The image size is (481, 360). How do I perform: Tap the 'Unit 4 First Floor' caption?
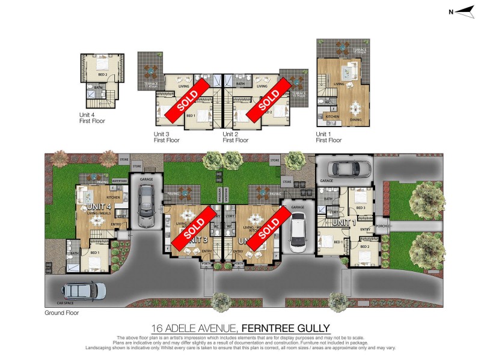[x=93, y=118]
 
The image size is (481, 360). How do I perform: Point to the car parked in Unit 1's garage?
[x=345, y=169]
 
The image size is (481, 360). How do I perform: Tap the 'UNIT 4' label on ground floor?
[x=91, y=207]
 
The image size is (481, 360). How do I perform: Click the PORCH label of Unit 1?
[x=381, y=226]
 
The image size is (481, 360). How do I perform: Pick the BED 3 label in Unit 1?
[x=361, y=208]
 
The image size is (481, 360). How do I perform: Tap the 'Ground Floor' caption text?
[x=62, y=313]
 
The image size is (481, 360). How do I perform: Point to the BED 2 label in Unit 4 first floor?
[x=103, y=74]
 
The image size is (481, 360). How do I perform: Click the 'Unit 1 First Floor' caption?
[x=329, y=137]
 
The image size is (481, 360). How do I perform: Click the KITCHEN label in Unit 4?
[x=114, y=197]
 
